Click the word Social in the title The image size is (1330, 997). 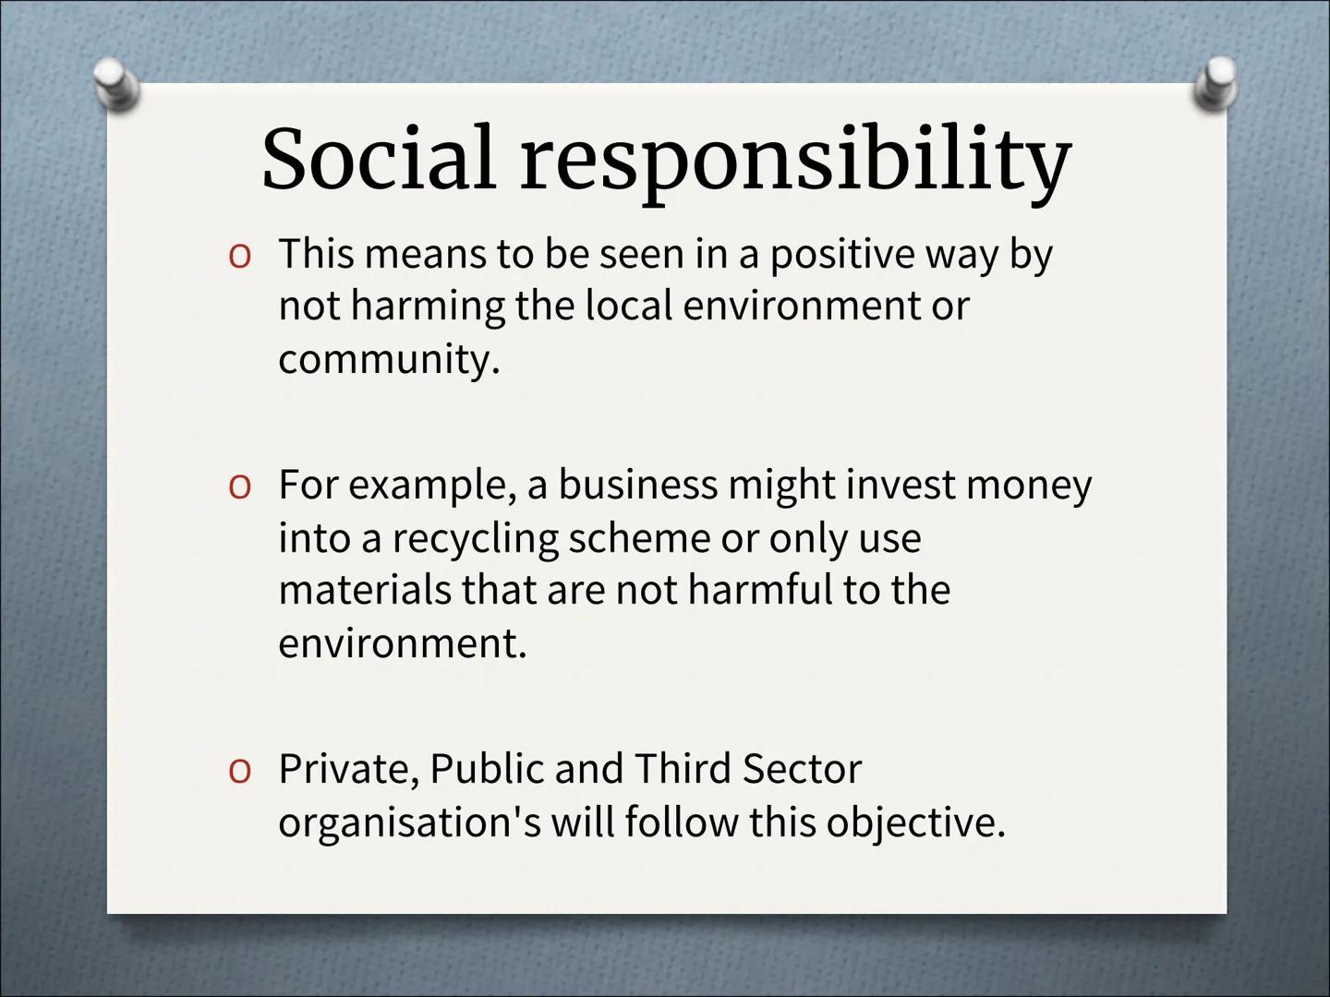tap(378, 158)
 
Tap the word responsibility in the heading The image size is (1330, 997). tap(795, 164)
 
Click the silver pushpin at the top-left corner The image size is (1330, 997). tap(117, 84)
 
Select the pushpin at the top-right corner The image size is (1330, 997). tap(1216, 84)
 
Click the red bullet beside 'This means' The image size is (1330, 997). tap(240, 257)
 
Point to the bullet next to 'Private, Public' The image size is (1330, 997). tap(240, 771)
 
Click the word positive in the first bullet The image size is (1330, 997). tap(841, 255)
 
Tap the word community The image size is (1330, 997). tap(389, 360)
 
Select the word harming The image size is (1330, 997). tap(428, 307)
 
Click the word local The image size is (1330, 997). tap(629, 306)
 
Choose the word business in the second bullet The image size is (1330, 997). tap(637, 485)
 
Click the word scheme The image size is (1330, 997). tap(639, 537)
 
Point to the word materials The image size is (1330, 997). tap(365, 590)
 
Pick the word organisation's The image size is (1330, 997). tap(409, 824)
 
